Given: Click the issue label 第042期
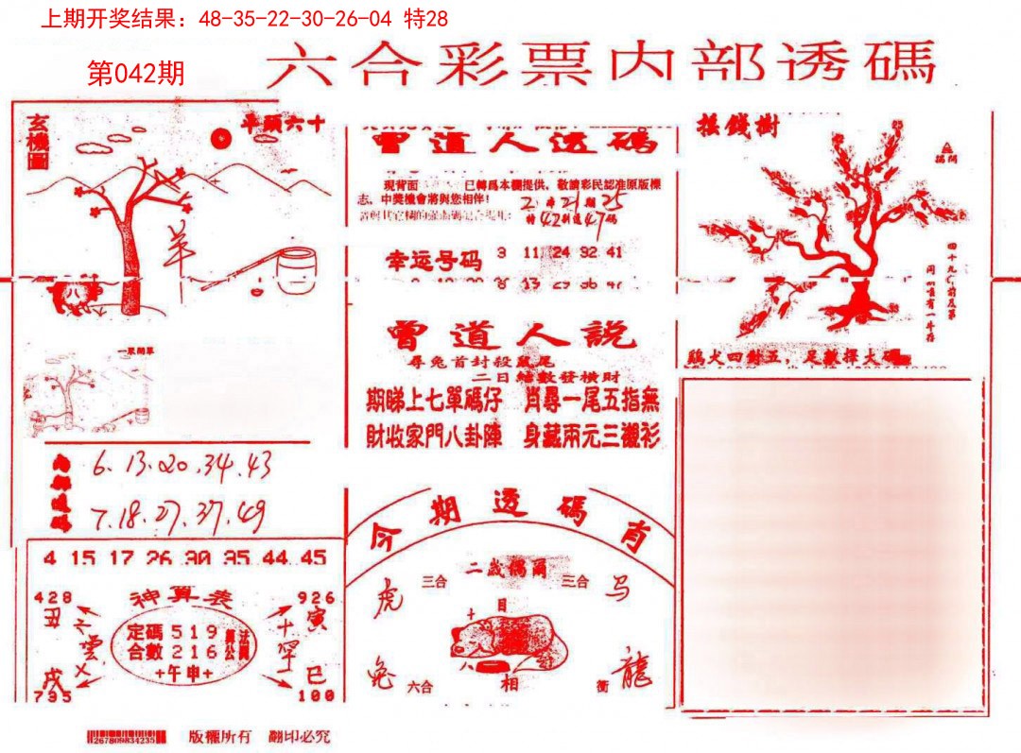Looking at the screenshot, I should (135, 74).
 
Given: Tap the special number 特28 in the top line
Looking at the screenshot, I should (424, 18).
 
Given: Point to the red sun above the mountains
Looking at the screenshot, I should (221, 140).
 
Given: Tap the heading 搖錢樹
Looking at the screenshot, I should (737, 126).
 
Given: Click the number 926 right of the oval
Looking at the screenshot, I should (315, 597).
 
